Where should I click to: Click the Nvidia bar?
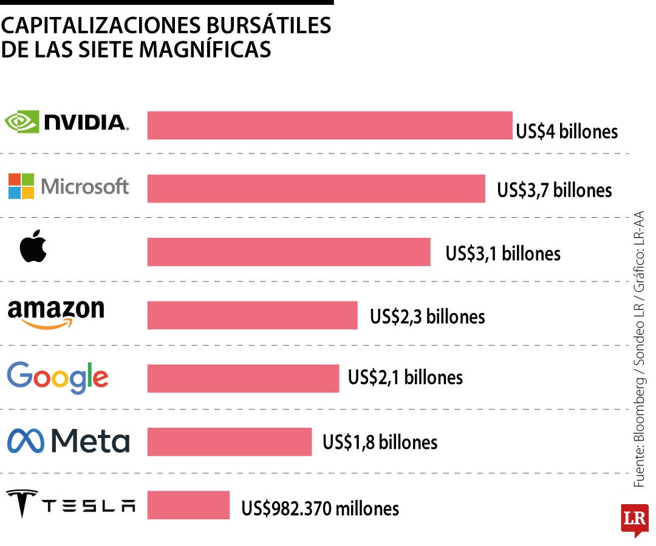[330, 126]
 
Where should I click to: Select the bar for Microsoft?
[316, 189]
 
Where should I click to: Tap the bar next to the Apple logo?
[289, 252]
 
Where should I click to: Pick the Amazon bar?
[252, 315]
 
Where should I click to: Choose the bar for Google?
[243, 378]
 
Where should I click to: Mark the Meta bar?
[229, 441]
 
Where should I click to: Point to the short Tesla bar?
[188, 505]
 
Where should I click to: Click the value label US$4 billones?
[566, 131]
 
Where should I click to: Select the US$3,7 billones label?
[554, 190]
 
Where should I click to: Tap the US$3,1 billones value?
[503, 253]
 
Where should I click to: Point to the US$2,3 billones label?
[427, 316]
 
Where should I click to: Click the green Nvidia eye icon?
[22, 121]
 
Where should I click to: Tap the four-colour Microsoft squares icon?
[21, 186]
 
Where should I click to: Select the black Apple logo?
[33, 248]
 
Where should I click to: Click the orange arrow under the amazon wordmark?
[47, 325]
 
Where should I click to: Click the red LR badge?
[634, 519]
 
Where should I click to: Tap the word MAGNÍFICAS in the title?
[205, 49]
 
